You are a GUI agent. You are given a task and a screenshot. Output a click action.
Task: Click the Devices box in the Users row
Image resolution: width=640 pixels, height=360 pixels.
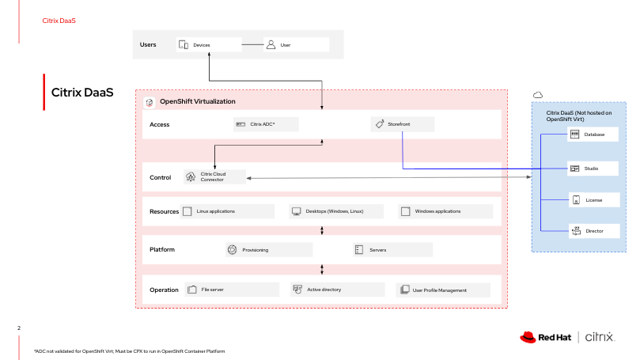pyautogui.click(x=207, y=45)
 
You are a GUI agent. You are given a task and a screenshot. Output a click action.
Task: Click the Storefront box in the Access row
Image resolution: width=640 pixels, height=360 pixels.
pyautogui.click(x=402, y=124)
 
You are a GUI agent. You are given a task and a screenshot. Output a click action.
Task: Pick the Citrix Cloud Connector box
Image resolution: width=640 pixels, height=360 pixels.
pyautogui.click(x=214, y=177)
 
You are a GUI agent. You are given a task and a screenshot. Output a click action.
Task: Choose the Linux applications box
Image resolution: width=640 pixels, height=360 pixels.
pyautogui.click(x=228, y=211)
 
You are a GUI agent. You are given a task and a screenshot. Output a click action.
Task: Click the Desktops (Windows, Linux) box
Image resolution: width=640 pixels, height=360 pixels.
pyautogui.click(x=335, y=211)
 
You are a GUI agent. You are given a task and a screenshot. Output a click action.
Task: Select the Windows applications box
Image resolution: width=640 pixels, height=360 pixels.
pyautogui.click(x=445, y=211)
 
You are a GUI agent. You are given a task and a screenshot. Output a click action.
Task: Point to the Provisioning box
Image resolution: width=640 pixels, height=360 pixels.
pyautogui.click(x=265, y=250)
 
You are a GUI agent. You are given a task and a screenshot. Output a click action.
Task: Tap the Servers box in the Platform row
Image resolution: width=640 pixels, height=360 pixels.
pyautogui.click(x=392, y=250)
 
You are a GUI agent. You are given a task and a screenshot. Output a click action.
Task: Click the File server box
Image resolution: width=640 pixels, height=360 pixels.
pyautogui.click(x=231, y=290)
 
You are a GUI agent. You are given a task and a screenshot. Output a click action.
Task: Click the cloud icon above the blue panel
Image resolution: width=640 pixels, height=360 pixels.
pyautogui.click(x=538, y=94)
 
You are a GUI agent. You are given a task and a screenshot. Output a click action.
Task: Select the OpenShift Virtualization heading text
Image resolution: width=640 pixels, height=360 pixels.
pyautogui.click(x=197, y=102)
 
